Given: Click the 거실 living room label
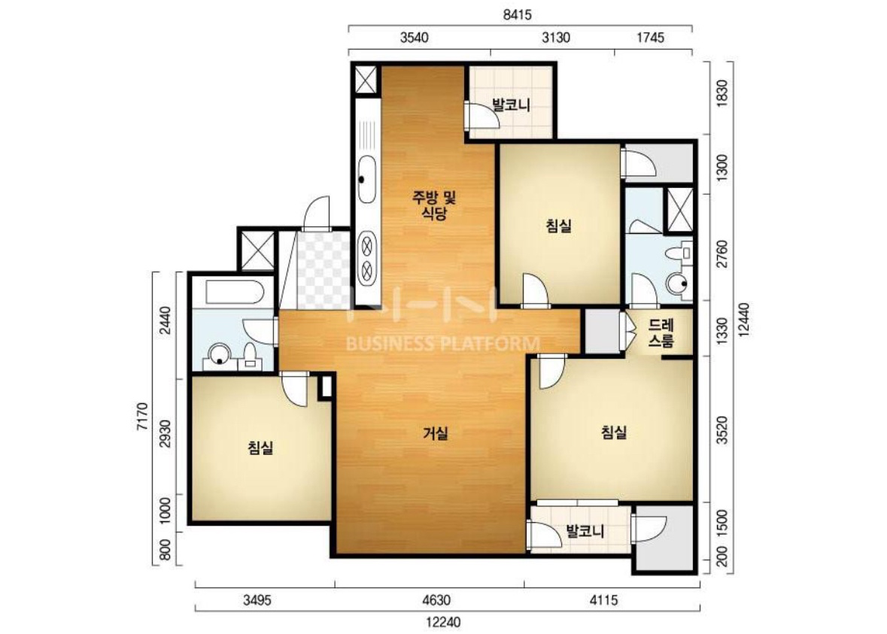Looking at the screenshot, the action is click(436, 434).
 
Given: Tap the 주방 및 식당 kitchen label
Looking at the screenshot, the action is click(434, 205).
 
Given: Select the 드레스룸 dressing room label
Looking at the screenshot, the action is click(661, 333).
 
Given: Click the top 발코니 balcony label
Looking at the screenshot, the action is click(511, 105).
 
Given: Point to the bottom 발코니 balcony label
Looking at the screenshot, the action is click(585, 531).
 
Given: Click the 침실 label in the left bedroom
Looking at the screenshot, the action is click(260, 448).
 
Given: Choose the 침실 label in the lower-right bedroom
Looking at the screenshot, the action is click(614, 433).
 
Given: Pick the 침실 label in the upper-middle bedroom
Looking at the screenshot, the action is click(558, 226).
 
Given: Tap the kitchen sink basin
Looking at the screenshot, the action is click(366, 179).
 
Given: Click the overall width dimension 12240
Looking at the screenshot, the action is click(443, 622).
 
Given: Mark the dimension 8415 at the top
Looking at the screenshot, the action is click(517, 15).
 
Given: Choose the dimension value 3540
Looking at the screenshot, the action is click(414, 38).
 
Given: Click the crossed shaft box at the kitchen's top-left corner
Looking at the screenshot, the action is click(366, 80).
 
